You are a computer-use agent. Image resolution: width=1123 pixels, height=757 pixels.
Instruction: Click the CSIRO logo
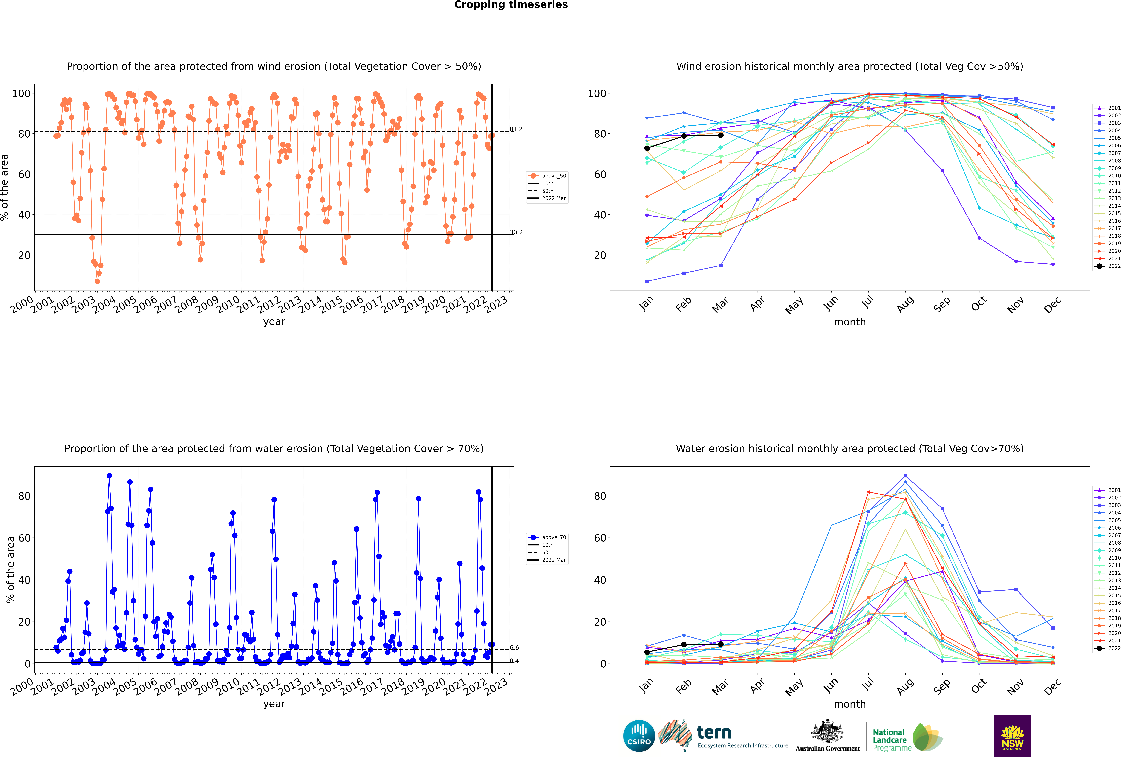click(x=639, y=736)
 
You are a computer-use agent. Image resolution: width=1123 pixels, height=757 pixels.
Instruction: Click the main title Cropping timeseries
click(x=511, y=5)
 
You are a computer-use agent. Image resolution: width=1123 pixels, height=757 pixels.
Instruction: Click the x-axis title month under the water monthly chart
click(x=850, y=704)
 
